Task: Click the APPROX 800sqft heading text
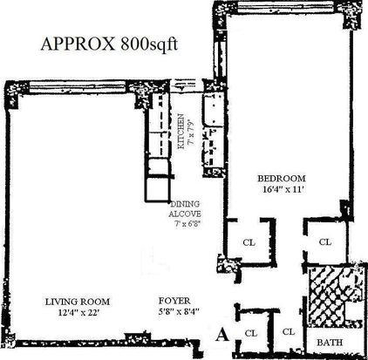109,45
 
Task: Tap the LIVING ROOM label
78,302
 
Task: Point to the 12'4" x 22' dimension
79,313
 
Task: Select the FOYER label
174,301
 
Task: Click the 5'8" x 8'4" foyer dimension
179,311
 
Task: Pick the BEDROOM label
282,178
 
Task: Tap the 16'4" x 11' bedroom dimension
283,189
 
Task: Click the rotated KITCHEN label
181,132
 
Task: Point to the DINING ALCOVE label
185,209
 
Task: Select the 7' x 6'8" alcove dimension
188,224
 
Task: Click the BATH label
330,343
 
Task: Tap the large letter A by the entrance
222,335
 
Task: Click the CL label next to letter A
251,333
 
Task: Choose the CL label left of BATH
289,331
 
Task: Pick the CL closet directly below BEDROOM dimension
249,242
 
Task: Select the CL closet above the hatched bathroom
325,241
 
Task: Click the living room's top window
78,86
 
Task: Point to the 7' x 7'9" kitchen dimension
191,132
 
